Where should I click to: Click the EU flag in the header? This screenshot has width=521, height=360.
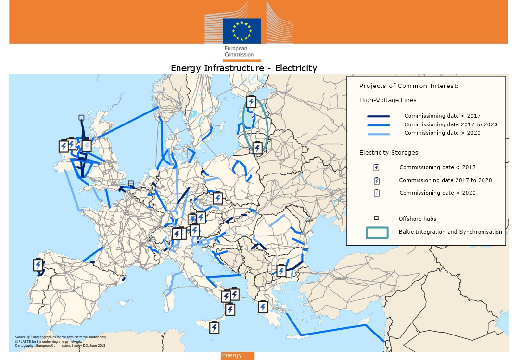[241, 31]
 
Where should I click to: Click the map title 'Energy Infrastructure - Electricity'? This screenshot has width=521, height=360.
[244, 68]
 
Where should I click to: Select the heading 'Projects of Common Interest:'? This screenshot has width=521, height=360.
[409, 86]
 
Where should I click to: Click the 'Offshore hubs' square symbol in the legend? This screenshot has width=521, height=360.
[376, 218]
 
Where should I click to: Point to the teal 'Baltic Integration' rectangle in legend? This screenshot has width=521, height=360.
[377, 232]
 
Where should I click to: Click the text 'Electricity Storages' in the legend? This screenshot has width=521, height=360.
[389, 153]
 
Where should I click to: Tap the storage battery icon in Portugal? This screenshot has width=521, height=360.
[38, 265]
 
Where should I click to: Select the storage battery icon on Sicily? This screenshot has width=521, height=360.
[214, 327]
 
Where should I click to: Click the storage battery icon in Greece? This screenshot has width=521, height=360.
[263, 307]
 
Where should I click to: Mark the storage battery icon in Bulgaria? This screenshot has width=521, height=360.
[281, 271]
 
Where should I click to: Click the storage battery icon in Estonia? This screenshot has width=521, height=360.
[251, 102]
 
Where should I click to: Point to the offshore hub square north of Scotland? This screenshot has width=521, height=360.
[81, 117]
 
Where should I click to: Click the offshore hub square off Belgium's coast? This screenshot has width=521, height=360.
[131, 183]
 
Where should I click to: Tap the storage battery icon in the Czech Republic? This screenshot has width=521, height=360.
[218, 198]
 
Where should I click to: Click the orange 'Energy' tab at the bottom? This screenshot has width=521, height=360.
[237, 356]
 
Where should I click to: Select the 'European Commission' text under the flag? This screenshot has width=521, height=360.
[239, 51]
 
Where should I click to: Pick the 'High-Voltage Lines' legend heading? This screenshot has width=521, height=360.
[388, 100]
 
